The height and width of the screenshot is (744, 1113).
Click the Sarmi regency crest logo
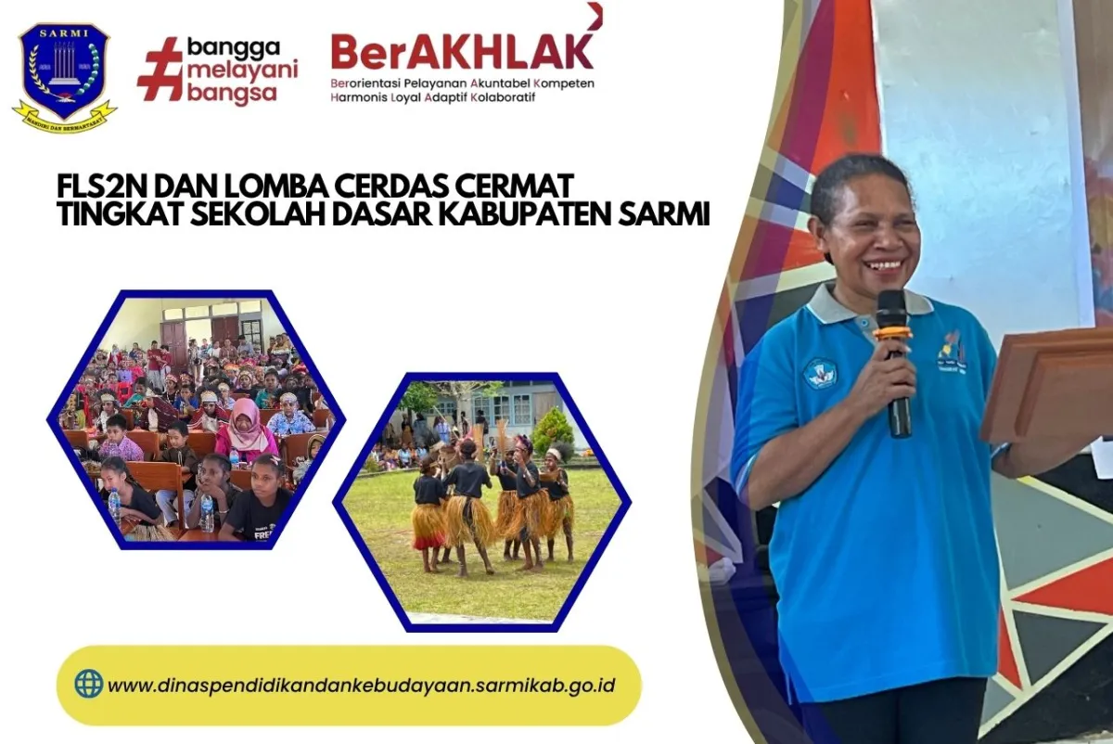(64, 73)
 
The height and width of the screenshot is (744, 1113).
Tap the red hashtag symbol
(160, 69)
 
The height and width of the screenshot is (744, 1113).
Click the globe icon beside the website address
(89, 684)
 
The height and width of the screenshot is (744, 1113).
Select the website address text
(361, 686)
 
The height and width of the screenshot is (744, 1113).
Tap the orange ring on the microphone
(892, 332)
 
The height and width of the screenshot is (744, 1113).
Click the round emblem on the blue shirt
(820, 372)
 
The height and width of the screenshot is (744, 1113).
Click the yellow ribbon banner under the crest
(64, 119)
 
